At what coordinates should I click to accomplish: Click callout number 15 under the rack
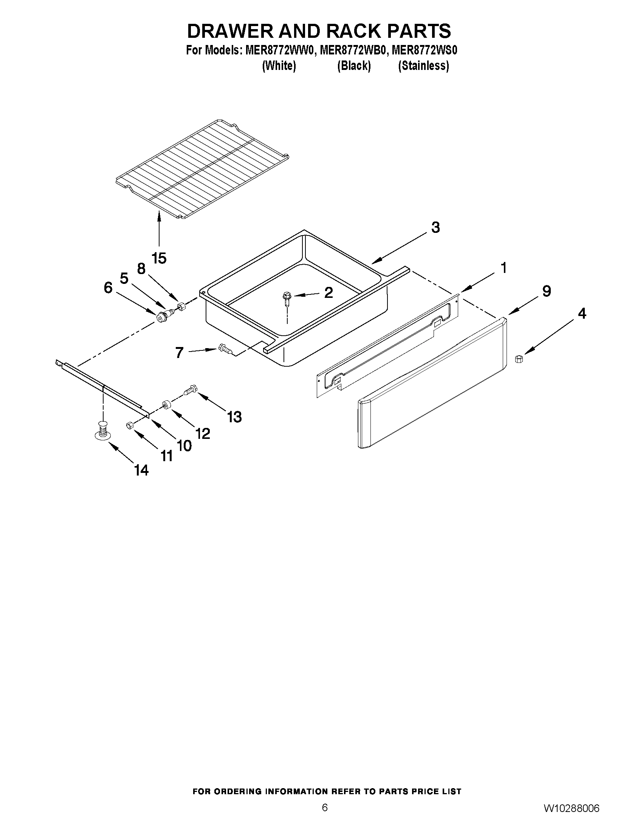[159, 258]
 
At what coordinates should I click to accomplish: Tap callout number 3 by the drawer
[435, 228]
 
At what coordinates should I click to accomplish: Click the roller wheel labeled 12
[166, 405]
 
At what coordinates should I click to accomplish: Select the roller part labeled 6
[163, 316]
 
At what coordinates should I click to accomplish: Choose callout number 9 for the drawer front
[546, 291]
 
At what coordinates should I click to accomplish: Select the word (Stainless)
[423, 66]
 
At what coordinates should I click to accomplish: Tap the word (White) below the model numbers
[279, 66]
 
